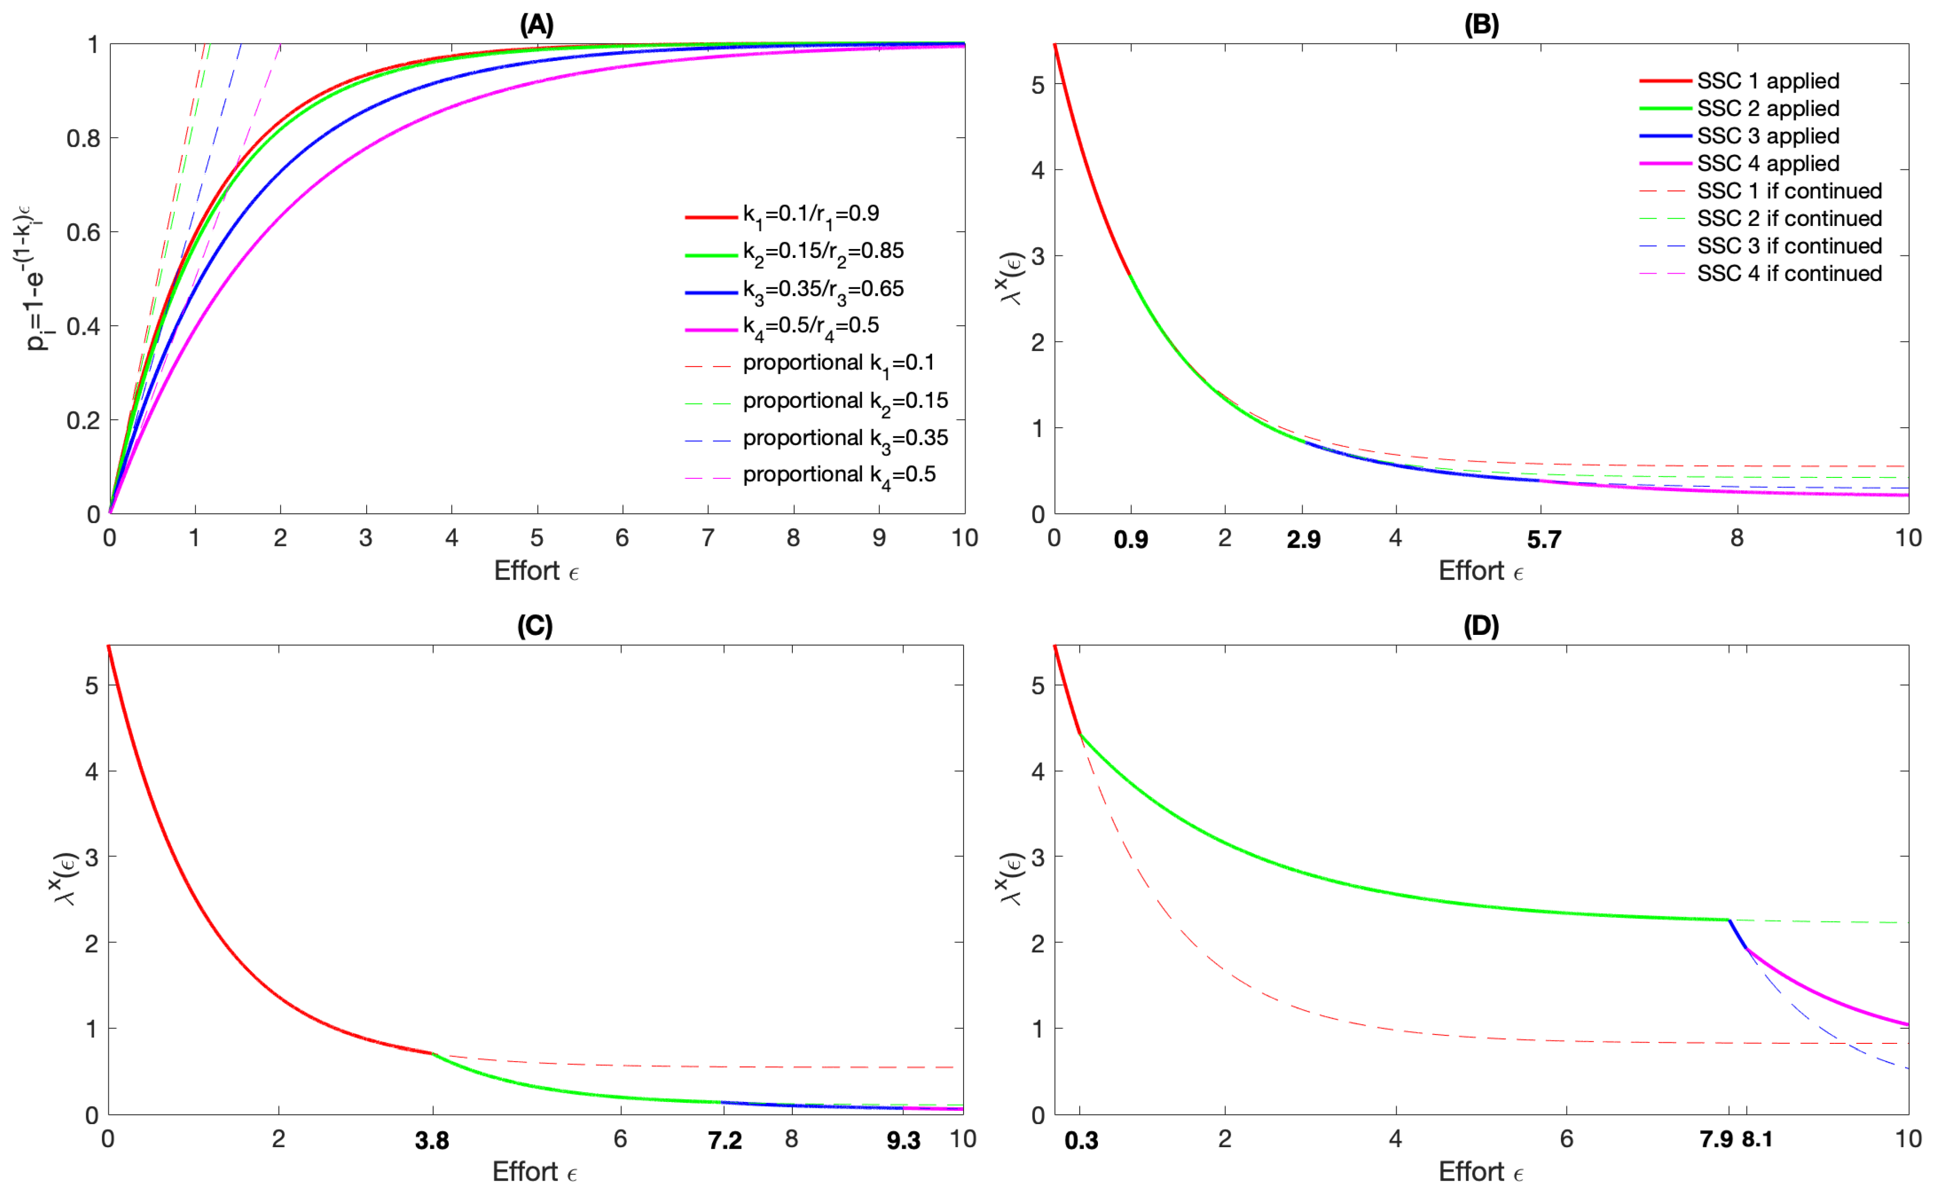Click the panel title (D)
click(x=1480, y=626)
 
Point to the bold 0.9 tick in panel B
click(x=1130, y=540)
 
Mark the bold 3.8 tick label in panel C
click(x=432, y=1141)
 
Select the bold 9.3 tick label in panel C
click(x=904, y=1141)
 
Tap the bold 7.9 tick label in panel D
click(x=1716, y=1140)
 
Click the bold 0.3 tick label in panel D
click(x=1081, y=1141)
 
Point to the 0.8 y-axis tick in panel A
click(x=83, y=139)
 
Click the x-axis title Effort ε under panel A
click(x=536, y=571)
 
